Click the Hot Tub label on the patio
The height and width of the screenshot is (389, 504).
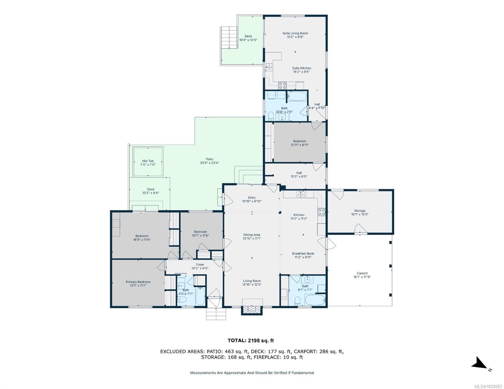[148, 163]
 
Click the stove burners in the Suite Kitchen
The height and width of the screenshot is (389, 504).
[282, 86]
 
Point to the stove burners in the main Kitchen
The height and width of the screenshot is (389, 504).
[322, 212]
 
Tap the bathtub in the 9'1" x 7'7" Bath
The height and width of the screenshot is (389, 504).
[315, 300]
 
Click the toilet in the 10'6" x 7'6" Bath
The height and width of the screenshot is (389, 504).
[271, 116]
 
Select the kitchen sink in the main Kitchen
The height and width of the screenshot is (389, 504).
[301, 194]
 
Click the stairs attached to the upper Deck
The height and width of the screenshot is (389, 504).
[229, 37]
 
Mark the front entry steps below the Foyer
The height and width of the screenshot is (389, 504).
[216, 314]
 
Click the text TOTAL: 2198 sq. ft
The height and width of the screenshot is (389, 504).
[251, 340]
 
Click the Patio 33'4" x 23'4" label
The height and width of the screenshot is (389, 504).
[209, 161]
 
